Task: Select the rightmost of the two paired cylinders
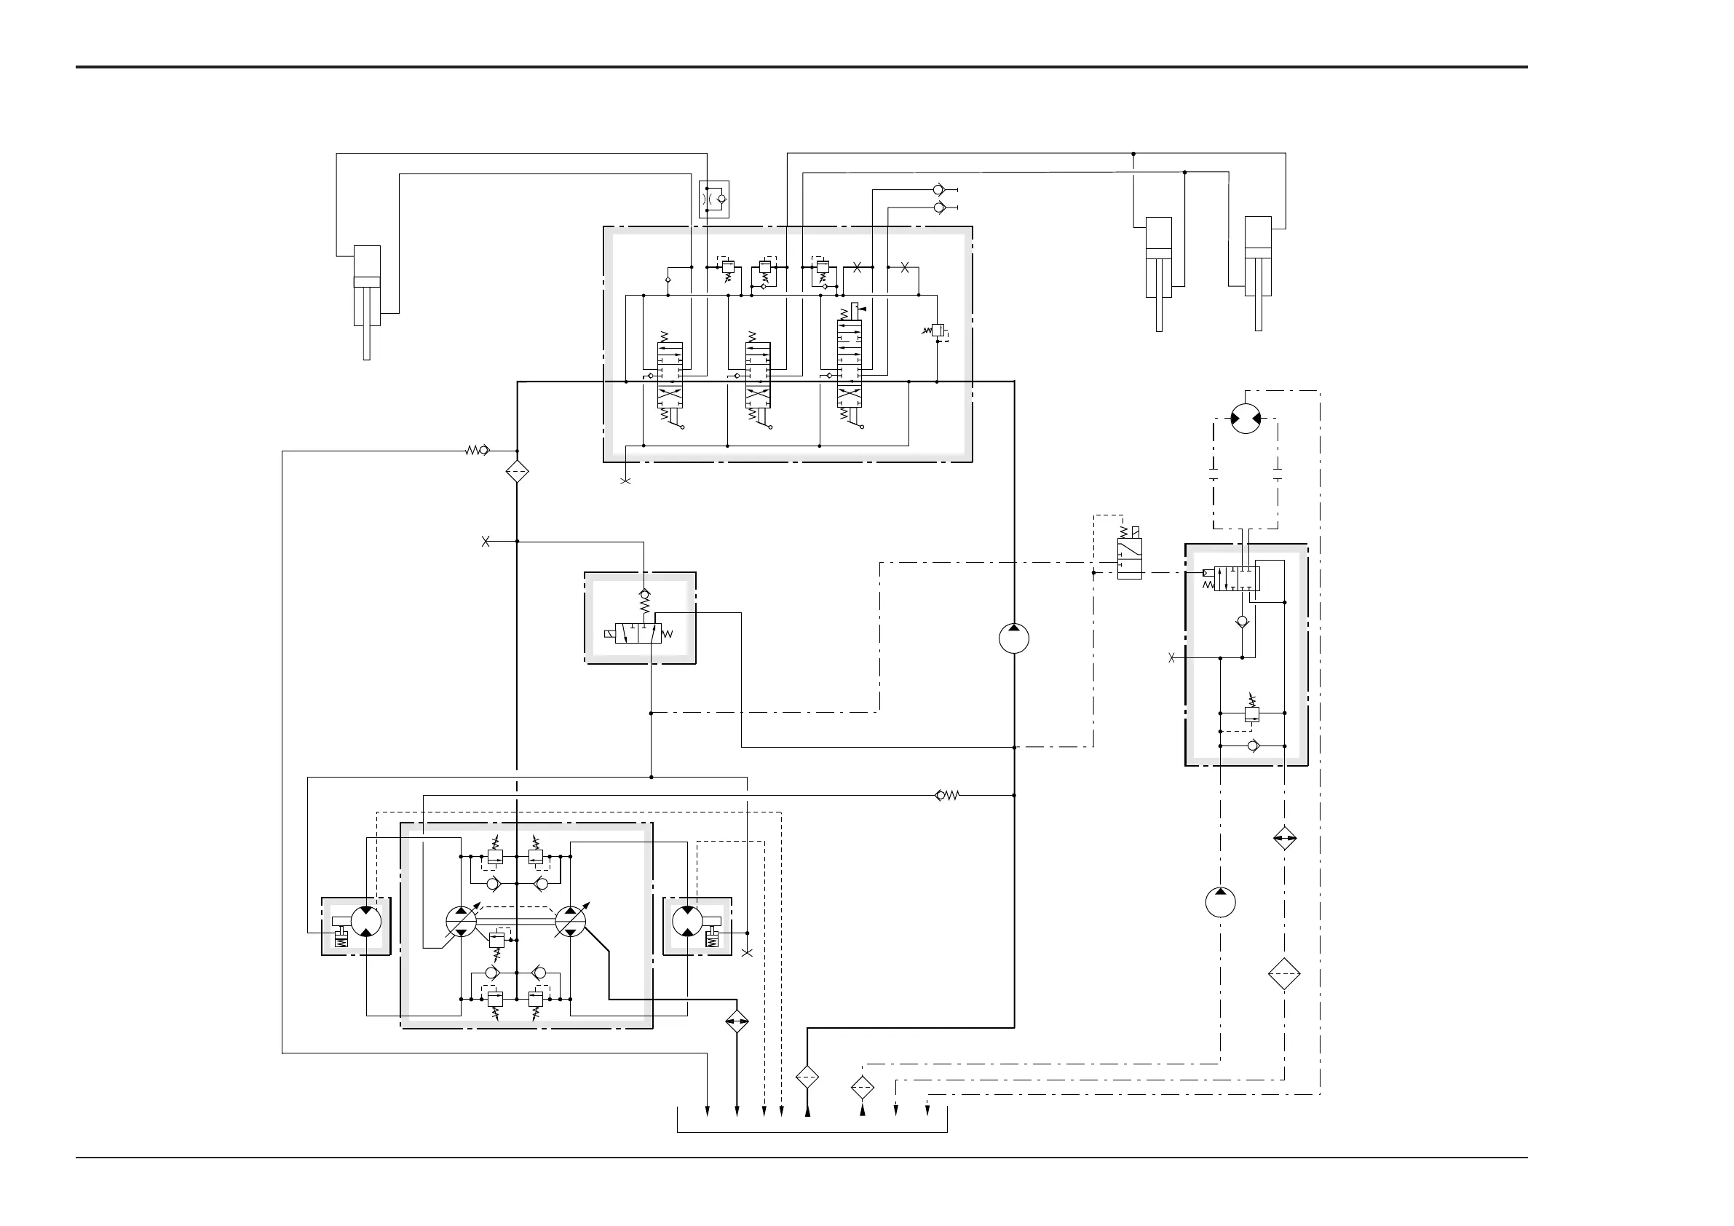(1257, 257)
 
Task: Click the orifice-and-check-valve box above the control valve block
(713, 199)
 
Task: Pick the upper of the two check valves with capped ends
(939, 189)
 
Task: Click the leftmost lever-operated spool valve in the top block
(669, 376)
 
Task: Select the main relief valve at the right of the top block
(937, 331)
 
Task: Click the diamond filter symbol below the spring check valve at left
(517, 472)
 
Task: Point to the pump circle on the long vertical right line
(1013, 638)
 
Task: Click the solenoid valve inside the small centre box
(638, 633)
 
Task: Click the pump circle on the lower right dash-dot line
(1221, 902)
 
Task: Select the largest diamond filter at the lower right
(1284, 974)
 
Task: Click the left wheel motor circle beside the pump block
(366, 922)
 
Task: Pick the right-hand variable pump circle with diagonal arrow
(570, 922)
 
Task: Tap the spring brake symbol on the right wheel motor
(710, 939)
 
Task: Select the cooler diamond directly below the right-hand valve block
(1284, 839)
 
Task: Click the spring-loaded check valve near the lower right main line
(946, 795)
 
